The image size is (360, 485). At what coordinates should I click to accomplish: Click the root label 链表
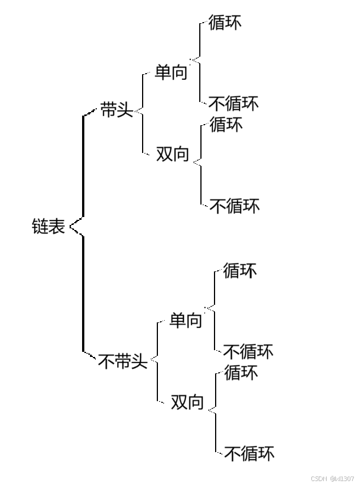(48, 227)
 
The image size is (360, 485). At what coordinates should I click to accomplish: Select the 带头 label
(117, 109)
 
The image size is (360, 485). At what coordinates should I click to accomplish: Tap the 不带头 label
(123, 361)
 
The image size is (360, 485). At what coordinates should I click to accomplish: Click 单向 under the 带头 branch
(170, 73)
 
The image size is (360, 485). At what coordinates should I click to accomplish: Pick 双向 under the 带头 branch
(172, 154)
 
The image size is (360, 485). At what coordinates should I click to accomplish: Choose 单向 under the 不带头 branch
(186, 321)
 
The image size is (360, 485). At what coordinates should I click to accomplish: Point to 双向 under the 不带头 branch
(187, 402)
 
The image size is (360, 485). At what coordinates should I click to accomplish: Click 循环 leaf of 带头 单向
(225, 23)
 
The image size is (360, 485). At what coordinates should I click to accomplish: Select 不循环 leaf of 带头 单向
(233, 103)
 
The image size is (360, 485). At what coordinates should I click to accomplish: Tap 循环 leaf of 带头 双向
(226, 124)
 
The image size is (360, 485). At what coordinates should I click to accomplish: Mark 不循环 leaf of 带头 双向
(234, 205)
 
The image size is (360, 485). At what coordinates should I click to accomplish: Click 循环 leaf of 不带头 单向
(240, 271)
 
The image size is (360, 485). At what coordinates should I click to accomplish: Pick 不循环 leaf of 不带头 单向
(248, 351)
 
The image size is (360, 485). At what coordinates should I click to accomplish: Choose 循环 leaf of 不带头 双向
(241, 372)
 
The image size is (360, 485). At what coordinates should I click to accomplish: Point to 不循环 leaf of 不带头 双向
(250, 453)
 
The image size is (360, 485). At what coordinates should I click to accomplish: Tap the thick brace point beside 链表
(72, 227)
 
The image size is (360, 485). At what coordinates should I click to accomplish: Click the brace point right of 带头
(137, 112)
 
